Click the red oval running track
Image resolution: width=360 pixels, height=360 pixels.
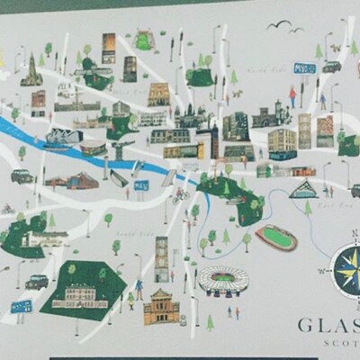275,238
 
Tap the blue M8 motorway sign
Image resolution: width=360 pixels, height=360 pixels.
304,67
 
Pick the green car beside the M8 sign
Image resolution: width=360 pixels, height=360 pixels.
331,67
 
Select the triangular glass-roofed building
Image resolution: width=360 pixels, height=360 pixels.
303,188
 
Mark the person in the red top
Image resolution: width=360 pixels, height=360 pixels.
292,94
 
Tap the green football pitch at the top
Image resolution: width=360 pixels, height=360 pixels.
143,40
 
